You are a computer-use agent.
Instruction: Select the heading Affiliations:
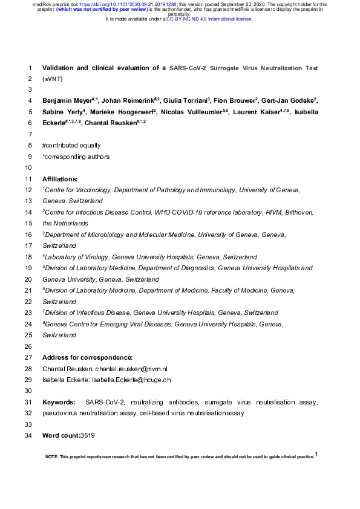click(60, 180)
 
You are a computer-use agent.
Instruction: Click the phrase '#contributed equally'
click(71, 146)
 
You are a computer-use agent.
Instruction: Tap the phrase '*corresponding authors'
click(76, 157)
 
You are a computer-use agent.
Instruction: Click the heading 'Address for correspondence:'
click(87, 357)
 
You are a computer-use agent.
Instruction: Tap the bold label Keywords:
click(59, 402)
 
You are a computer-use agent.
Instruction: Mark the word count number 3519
click(88, 435)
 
